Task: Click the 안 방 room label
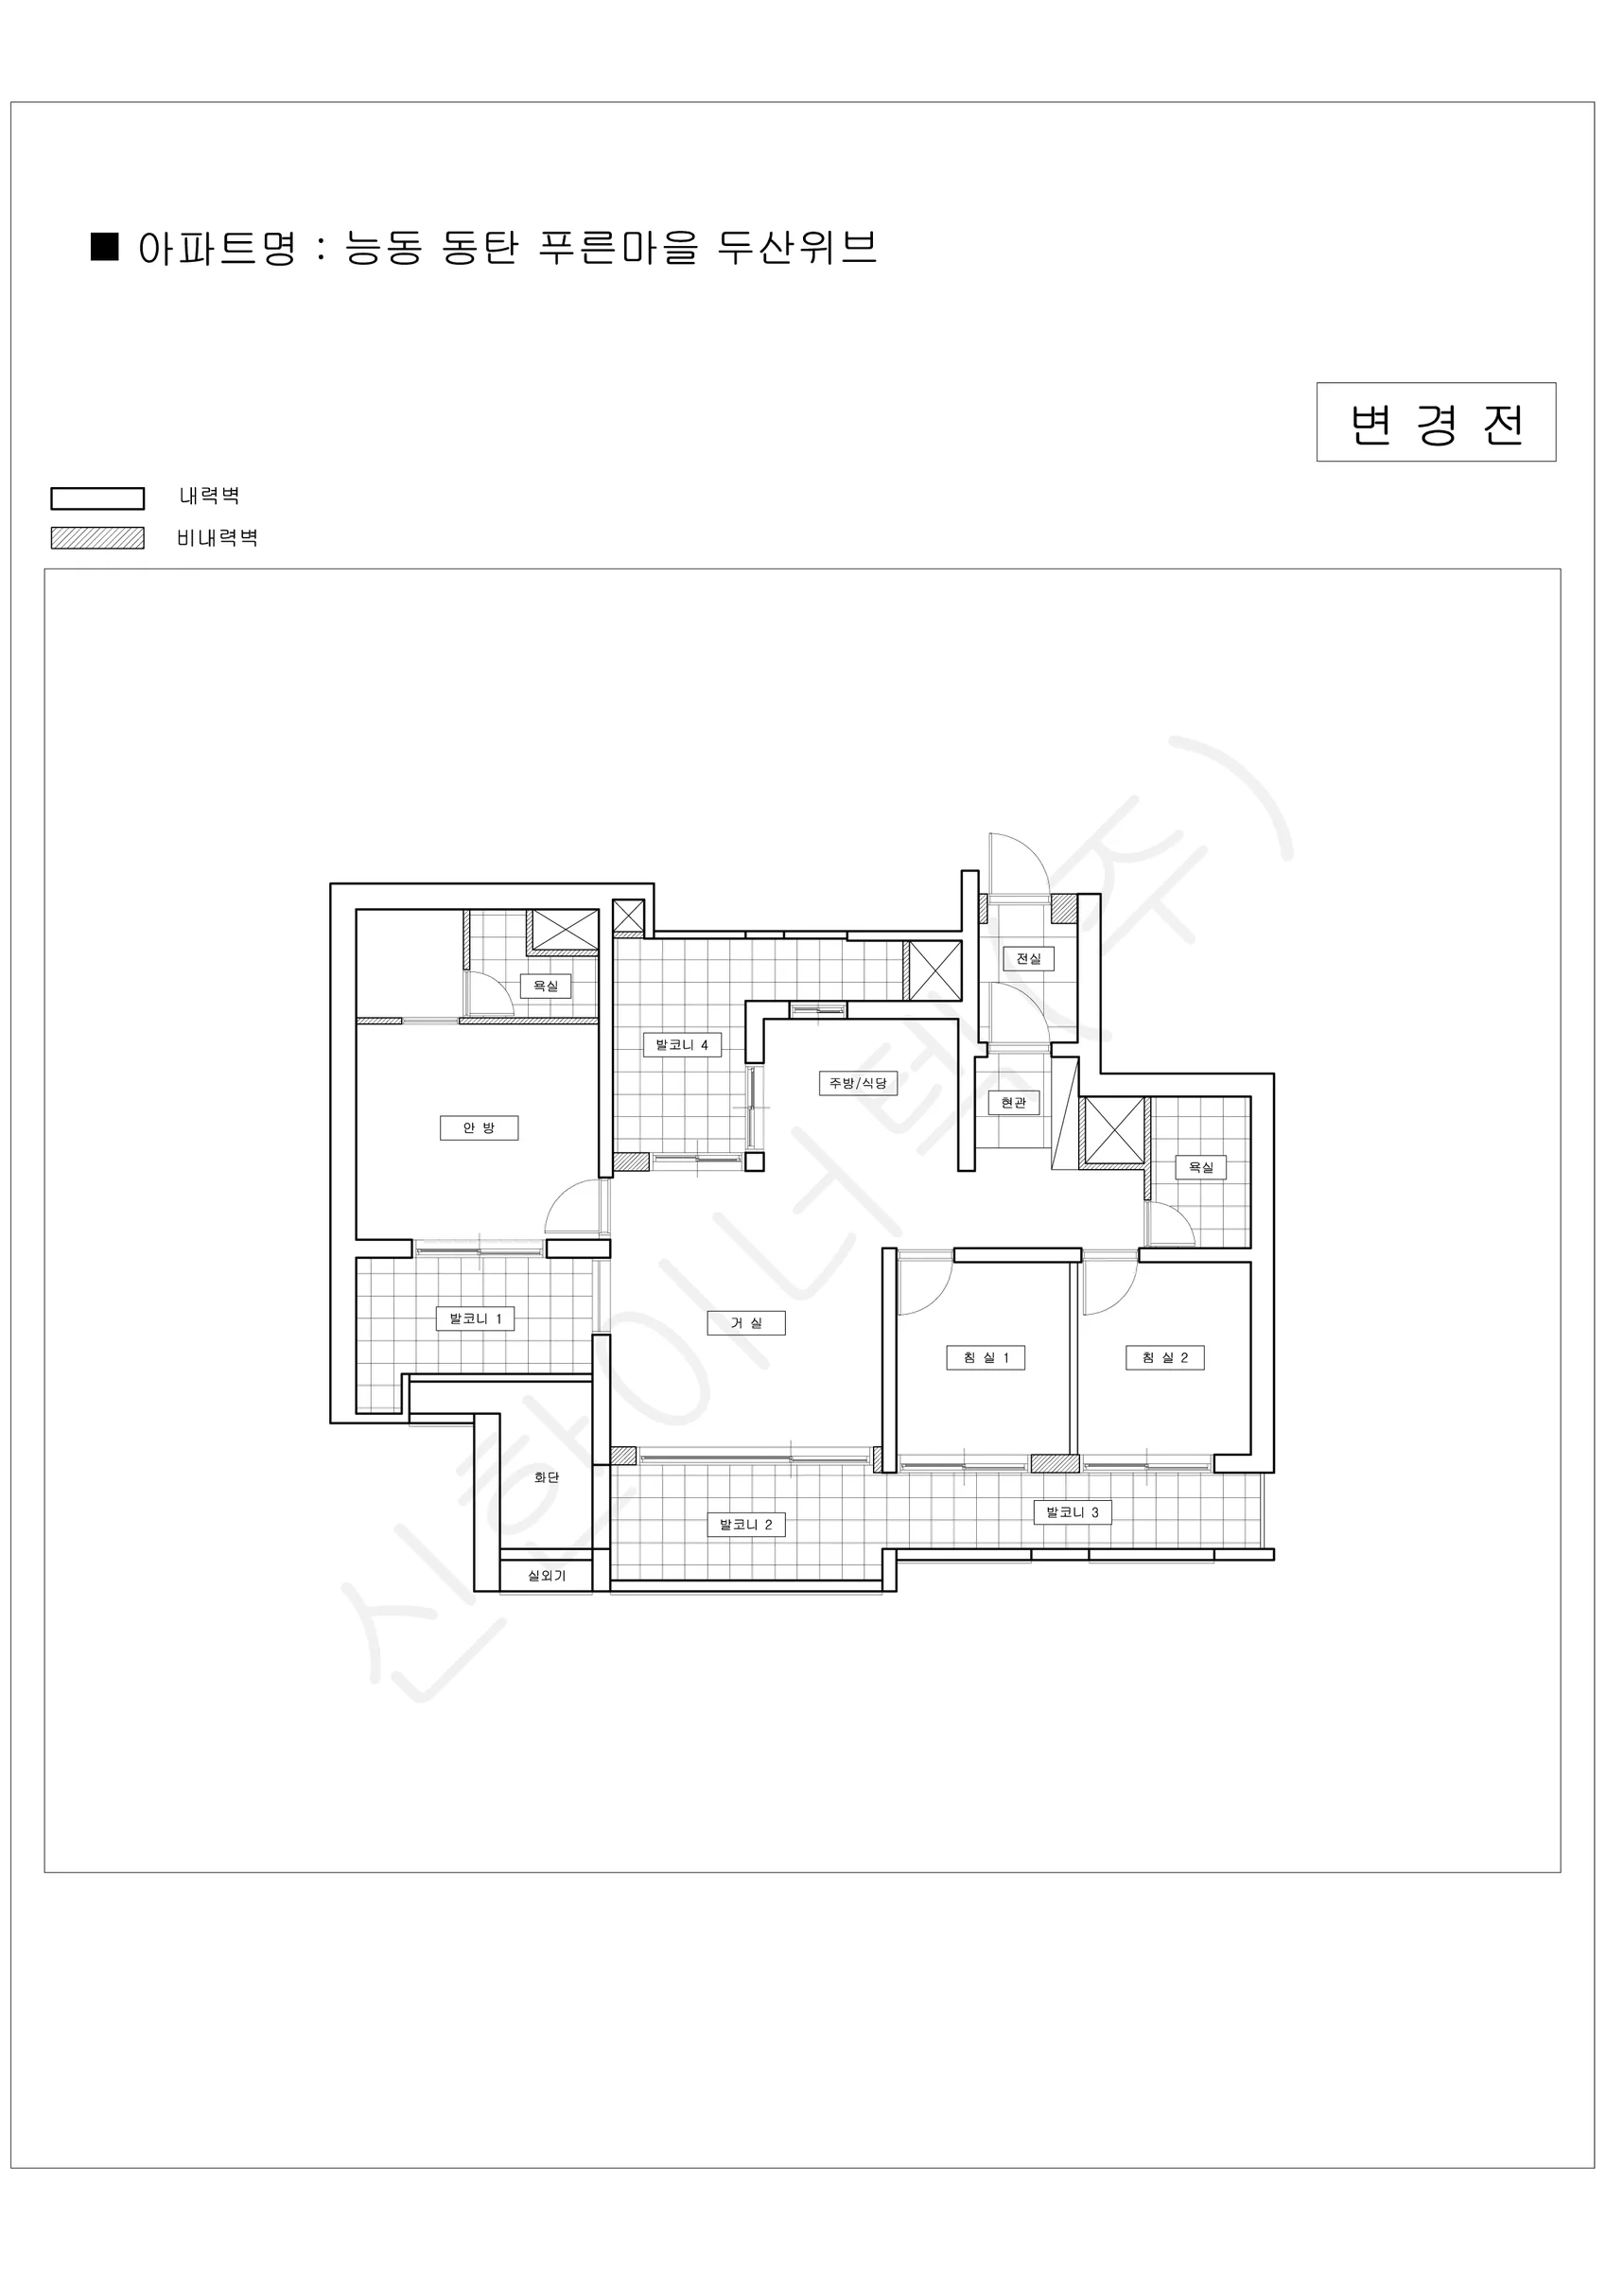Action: click(479, 1128)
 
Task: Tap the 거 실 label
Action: click(745, 1323)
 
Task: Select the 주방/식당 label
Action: click(858, 1083)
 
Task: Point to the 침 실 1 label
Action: click(986, 1357)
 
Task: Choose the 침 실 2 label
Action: click(1165, 1357)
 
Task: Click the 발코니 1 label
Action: click(476, 1318)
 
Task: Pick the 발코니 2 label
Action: click(745, 1525)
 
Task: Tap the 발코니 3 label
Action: click(1073, 1511)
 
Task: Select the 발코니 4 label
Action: click(681, 1044)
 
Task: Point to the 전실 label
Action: click(1028, 958)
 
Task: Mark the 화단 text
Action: click(546, 1477)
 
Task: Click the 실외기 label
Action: click(546, 1576)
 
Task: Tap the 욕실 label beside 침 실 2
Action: click(1200, 1166)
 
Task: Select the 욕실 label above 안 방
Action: click(546, 986)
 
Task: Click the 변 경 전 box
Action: click(1436, 422)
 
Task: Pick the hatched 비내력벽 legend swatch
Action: click(98, 538)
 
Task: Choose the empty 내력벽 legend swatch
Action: click(98, 498)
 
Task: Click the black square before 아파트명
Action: click(105, 246)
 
